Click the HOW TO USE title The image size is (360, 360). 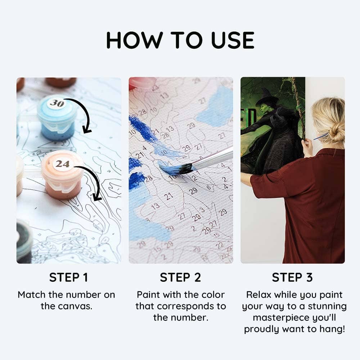(x=180, y=40)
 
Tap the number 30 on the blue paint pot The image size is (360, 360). (x=57, y=103)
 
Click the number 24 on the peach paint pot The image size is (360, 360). (x=62, y=164)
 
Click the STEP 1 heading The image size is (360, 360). (x=68, y=278)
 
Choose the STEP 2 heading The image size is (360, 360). (x=180, y=278)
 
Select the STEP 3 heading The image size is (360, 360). (x=292, y=278)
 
